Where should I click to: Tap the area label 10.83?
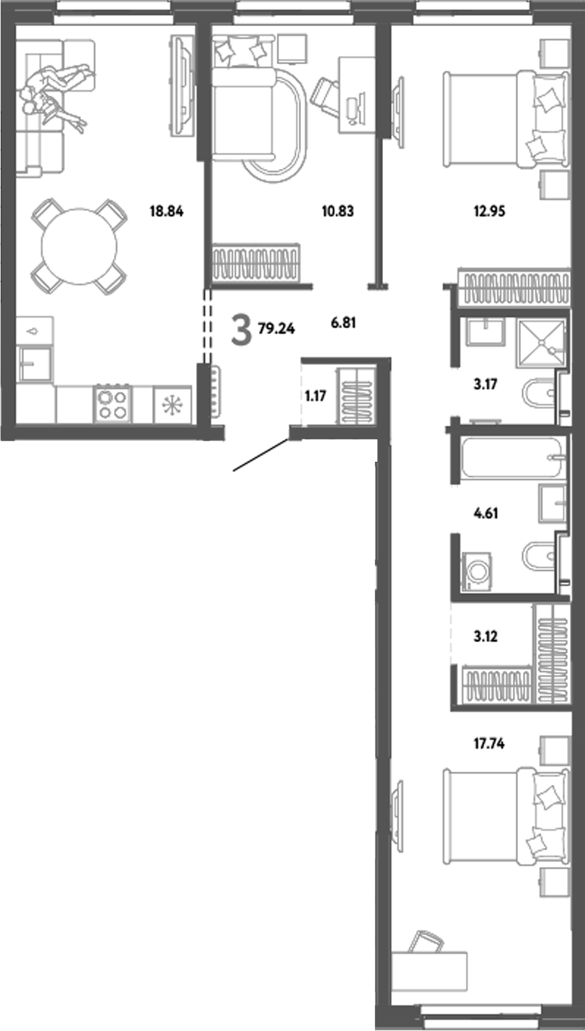(x=338, y=212)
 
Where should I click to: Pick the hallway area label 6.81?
(x=343, y=325)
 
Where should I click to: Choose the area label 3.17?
(x=485, y=386)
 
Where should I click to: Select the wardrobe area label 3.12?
(x=485, y=637)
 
